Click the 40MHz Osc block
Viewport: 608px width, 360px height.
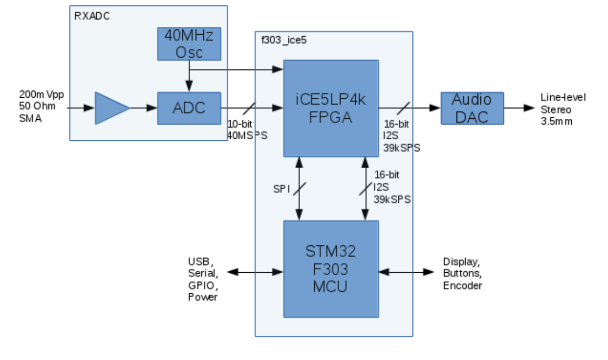click(x=189, y=44)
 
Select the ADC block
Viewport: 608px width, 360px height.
click(x=189, y=108)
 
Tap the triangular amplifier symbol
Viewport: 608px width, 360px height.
click(x=110, y=108)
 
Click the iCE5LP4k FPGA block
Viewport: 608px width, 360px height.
click(x=331, y=108)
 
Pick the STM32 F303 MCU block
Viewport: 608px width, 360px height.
click(x=331, y=269)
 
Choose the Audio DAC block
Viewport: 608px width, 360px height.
click(x=472, y=108)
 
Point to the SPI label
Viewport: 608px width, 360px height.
click(x=282, y=189)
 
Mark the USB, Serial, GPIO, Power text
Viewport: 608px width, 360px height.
click(x=202, y=279)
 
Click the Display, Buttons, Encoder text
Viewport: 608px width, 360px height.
click(x=462, y=273)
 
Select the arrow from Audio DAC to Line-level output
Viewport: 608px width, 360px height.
click(x=520, y=108)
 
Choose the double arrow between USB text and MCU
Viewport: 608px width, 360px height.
click(x=255, y=272)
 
